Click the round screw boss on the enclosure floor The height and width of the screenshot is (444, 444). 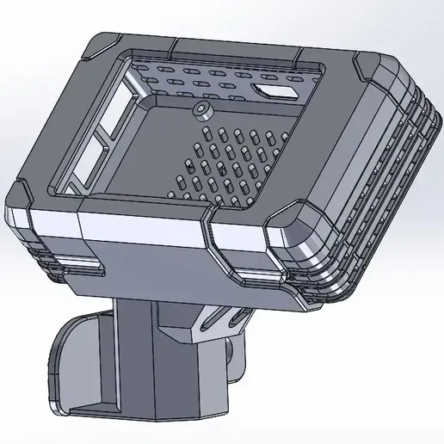click(203, 109)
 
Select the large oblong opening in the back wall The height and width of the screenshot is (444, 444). click(275, 89)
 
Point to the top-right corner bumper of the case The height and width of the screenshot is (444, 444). click(379, 71)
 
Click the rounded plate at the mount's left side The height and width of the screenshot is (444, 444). click(73, 361)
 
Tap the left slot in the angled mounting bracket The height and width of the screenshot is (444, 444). click(213, 318)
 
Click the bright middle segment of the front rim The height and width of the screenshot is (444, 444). click(142, 228)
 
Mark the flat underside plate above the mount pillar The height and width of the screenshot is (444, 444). click(163, 275)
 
